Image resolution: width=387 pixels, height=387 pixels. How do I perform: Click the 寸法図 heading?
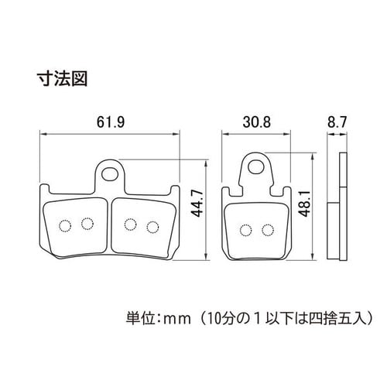[x=63, y=78]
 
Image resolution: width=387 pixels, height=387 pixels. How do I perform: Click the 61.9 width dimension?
[x=111, y=122]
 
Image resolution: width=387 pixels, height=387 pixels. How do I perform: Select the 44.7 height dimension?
[x=198, y=204]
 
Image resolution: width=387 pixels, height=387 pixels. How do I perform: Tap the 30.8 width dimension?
[x=257, y=122]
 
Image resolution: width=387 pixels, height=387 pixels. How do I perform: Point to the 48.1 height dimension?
[x=304, y=203]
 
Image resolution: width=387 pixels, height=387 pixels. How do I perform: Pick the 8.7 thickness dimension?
[x=337, y=122]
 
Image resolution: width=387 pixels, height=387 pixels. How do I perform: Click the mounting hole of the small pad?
[x=256, y=166]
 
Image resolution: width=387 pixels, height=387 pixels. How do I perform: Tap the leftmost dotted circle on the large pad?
[x=65, y=226]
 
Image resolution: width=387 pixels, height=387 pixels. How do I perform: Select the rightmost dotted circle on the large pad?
[x=152, y=227]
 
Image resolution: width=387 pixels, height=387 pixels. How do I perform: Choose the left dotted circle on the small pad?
[x=245, y=230]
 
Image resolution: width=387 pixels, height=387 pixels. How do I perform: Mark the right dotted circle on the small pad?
[x=268, y=230]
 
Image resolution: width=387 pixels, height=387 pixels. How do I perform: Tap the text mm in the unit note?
[x=179, y=320]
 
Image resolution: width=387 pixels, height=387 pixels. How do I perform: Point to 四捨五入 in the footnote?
[x=337, y=318]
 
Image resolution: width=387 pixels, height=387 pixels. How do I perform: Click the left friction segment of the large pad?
[x=76, y=228]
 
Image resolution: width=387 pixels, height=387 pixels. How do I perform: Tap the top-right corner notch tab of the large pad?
[x=175, y=190]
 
